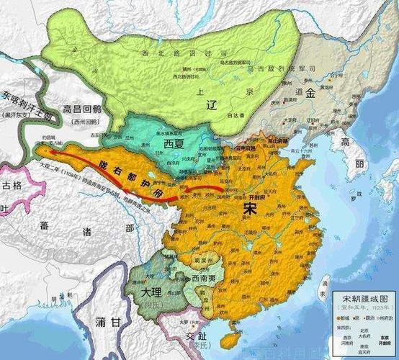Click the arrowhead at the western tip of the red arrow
point(45,153)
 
